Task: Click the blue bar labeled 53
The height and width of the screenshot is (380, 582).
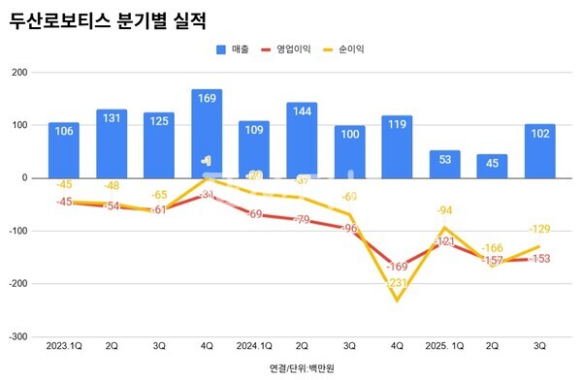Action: [444, 164]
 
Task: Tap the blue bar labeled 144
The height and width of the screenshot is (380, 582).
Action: [302, 140]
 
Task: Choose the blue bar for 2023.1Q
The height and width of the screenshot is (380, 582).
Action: [64, 150]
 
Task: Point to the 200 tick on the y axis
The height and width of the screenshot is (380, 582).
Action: [18, 73]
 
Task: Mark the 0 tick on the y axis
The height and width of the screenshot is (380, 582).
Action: [23, 178]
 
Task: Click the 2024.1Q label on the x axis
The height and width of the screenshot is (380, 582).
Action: [254, 344]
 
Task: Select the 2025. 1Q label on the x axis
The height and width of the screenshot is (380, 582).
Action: [444, 344]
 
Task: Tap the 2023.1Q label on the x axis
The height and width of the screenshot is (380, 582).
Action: [64, 344]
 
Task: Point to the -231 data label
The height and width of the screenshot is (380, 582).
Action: [396, 282]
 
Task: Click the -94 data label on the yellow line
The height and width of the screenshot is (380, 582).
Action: [445, 209]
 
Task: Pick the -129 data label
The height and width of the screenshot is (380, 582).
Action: [540, 229]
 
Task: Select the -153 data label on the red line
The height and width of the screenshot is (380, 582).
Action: [539, 259]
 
